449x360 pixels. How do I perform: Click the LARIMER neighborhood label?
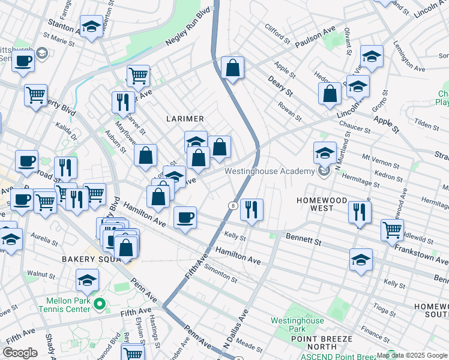pyautogui.click(x=186, y=119)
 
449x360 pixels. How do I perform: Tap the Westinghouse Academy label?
pyautogui.click(x=270, y=171)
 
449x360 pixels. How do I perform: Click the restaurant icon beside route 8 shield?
pyautogui.click(x=252, y=209)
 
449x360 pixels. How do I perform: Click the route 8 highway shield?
pyautogui.click(x=232, y=206)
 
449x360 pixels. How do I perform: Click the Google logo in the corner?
pyautogui.click(x=20, y=353)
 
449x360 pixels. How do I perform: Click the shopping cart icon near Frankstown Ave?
pyautogui.click(x=392, y=229)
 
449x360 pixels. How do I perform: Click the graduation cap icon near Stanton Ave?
pyautogui.click(x=91, y=26)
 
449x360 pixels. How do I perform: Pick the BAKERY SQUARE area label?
pyautogui.click(x=86, y=259)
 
